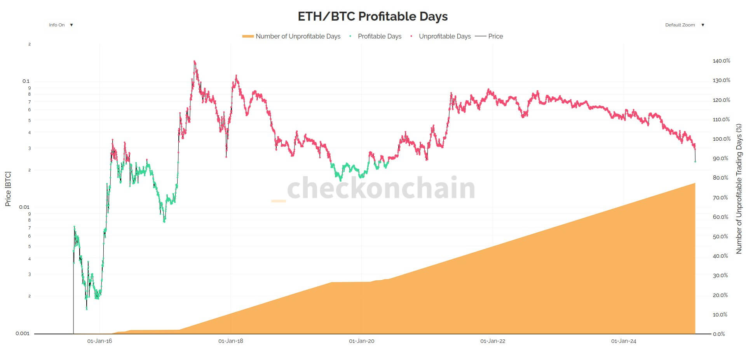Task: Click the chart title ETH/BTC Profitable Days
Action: [x=373, y=16]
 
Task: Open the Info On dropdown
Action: [x=61, y=25]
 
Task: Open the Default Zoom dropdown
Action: [x=684, y=25]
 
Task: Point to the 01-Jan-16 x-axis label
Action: [x=99, y=341]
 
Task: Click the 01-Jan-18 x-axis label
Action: [x=230, y=341]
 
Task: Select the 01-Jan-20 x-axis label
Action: [x=361, y=341]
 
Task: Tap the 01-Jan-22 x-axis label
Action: [x=493, y=341]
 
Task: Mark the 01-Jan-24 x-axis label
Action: [x=624, y=341]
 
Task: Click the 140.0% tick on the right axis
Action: [x=721, y=61]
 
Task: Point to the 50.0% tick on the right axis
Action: [x=720, y=236]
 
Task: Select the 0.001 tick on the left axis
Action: [x=23, y=333]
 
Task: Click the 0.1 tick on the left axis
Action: [x=26, y=81]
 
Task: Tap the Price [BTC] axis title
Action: [x=8, y=189]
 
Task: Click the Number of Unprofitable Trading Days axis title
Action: [x=739, y=189]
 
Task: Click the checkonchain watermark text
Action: [x=381, y=188]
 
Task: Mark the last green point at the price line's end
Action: [x=695, y=161]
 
